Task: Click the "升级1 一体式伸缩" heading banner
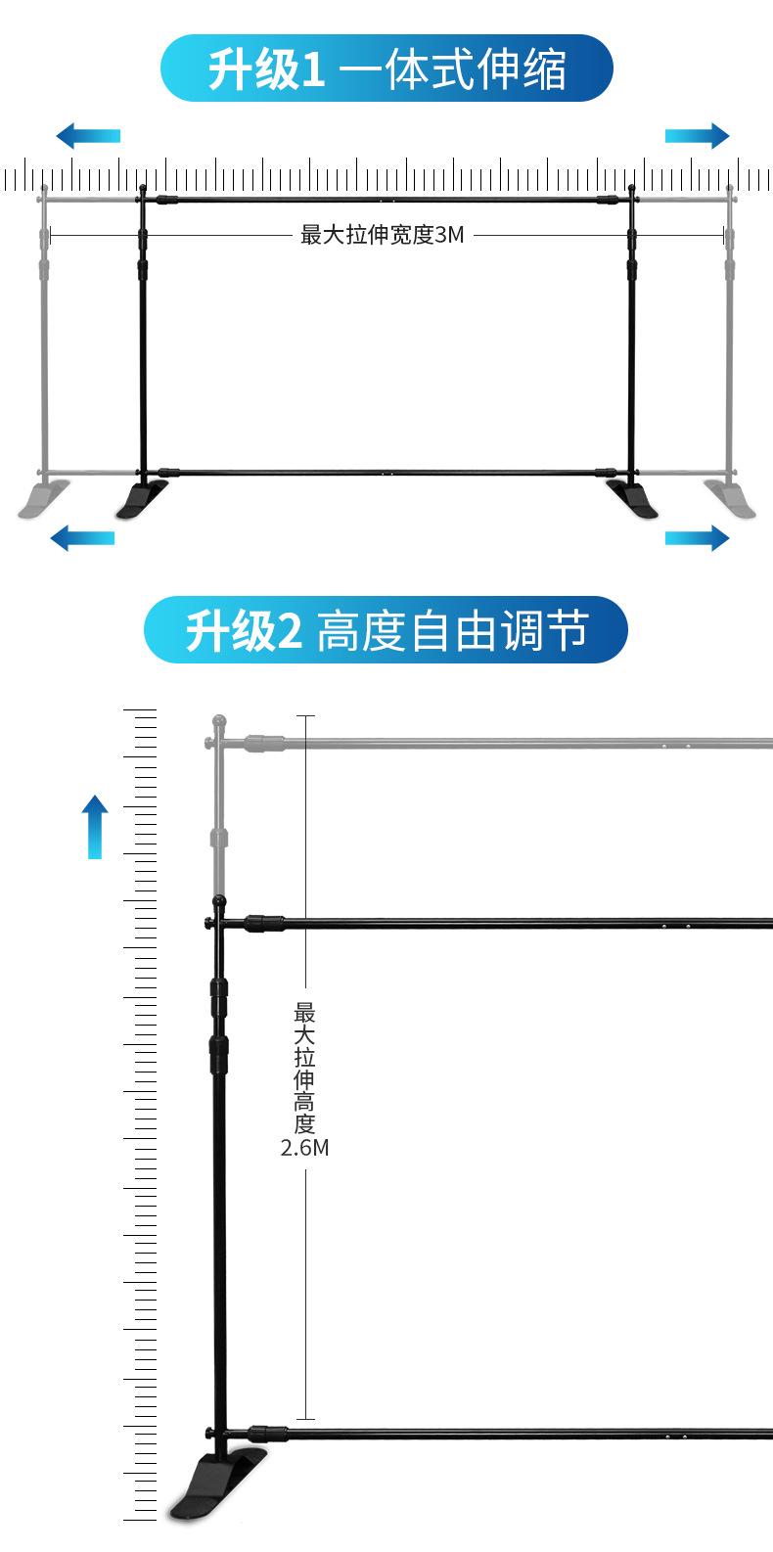(386, 69)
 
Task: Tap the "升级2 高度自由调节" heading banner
(386, 631)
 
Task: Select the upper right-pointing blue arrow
(697, 135)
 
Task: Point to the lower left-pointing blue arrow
(82, 536)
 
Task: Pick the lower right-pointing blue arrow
(697, 537)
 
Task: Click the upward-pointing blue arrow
(95, 826)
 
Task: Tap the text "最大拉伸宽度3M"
(382, 236)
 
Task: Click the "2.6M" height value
(304, 1148)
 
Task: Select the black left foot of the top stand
(143, 499)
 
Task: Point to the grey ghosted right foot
(731, 499)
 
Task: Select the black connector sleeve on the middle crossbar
(264, 922)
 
